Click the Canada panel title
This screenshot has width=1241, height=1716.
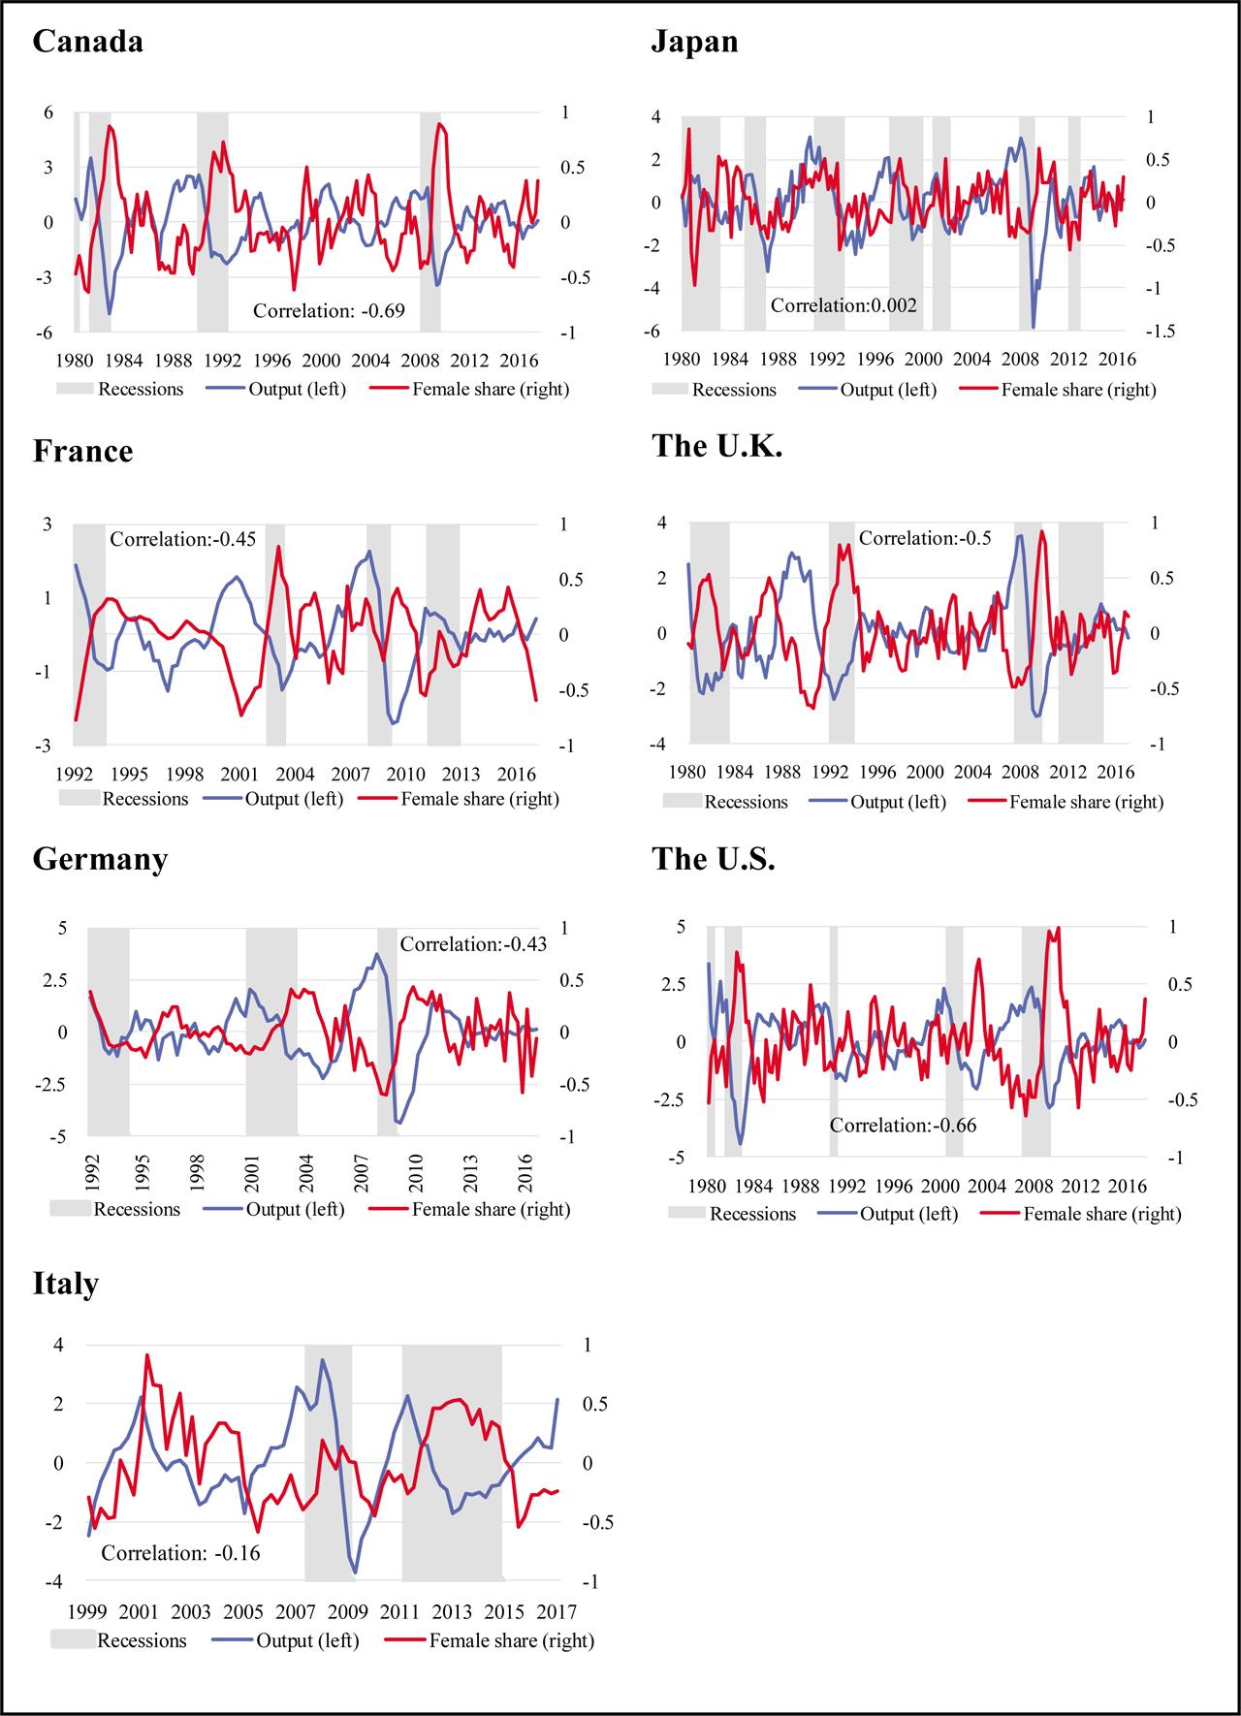pyautogui.click(x=88, y=42)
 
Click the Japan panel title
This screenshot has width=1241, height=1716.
pyautogui.click(x=694, y=42)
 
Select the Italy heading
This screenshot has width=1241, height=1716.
pyautogui.click(x=66, y=1284)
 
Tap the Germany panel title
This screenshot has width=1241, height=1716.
pyautogui.click(x=100, y=860)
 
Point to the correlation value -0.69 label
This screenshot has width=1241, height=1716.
pyautogui.click(x=329, y=311)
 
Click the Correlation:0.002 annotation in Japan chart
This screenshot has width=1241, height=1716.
pyautogui.click(x=843, y=305)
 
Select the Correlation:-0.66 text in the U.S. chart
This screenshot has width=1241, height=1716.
pyautogui.click(x=903, y=1126)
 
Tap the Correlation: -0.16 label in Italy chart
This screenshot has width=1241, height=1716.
pyautogui.click(x=181, y=1553)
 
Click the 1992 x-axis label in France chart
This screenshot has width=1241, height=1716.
pyautogui.click(x=74, y=775)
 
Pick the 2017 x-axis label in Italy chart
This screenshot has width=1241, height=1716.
pyautogui.click(x=557, y=1612)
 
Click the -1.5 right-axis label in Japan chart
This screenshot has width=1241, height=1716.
pyautogui.click(x=1160, y=332)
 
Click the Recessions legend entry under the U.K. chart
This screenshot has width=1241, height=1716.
pyautogui.click(x=746, y=802)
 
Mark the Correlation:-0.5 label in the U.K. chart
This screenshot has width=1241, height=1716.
pyautogui.click(x=925, y=538)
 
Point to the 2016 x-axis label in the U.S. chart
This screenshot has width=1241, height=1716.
pyautogui.click(x=1125, y=1187)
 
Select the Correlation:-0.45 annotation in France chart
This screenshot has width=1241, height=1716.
pyautogui.click(x=182, y=539)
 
